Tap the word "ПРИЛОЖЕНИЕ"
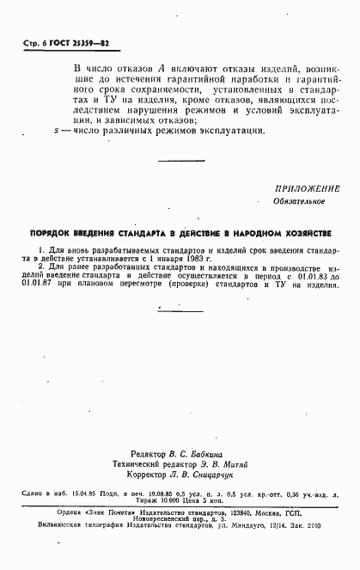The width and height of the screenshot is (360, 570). click(x=308, y=188)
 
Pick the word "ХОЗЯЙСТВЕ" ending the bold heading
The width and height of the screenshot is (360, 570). click(x=304, y=234)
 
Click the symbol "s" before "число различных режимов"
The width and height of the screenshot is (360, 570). click(x=55, y=131)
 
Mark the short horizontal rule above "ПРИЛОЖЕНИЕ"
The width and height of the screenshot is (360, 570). click(x=180, y=162)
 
